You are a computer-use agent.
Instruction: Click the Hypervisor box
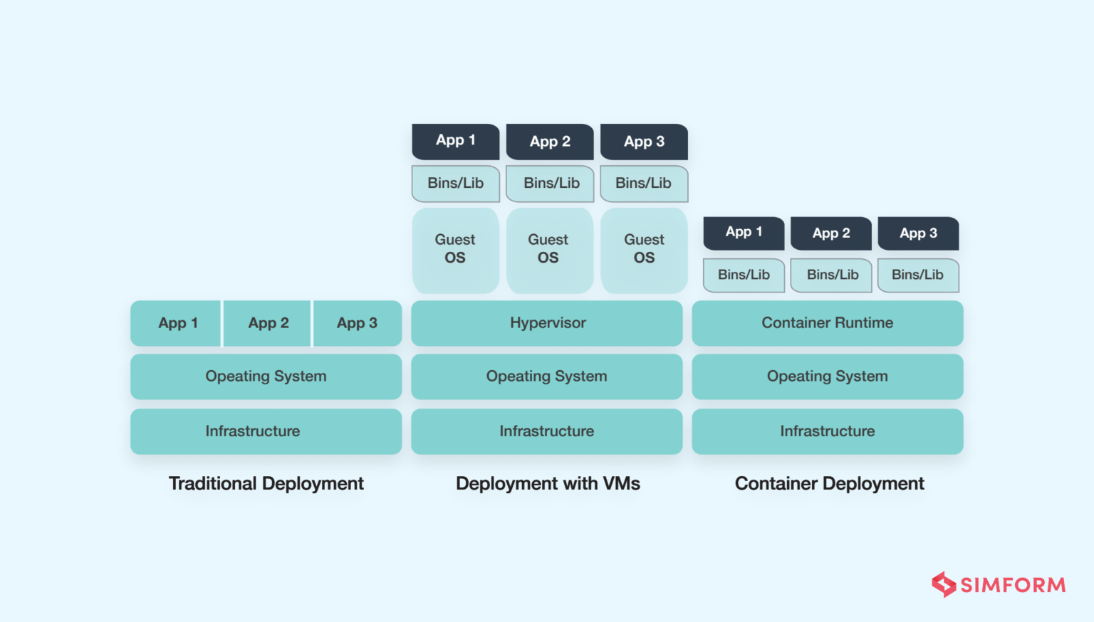click(x=547, y=323)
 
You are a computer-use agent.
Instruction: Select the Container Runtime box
click(x=827, y=323)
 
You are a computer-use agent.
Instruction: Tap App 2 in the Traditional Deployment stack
click(x=268, y=323)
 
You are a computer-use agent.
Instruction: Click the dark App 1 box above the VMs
click(x=455, y=141)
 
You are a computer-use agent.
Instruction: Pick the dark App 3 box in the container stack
click(x=918, y=233)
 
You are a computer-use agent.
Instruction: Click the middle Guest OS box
click(x=548, y=250)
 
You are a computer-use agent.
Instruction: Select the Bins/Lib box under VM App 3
click(x=644, y=184)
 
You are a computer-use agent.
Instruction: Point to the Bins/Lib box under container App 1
click(x=744, y=275)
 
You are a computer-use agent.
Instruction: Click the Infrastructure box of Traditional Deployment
click(x=266, y=431)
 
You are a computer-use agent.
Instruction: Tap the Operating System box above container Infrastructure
click(x=827, y=376)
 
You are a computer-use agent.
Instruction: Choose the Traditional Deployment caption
click(x=266, y=484)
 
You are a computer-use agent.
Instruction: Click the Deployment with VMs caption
click(x=548, y=484)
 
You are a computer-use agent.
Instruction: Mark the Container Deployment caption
click(x=829, y=484)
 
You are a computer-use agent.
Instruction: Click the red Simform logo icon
click(x=944, y=584)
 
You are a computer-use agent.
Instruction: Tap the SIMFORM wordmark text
click(x=1013, y=585)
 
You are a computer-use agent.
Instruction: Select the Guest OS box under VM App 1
click(x=455, y=250)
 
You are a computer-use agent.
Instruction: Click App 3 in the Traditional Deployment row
click(x=357, y=323)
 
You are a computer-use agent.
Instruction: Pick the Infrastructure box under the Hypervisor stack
click(x=547, y=431)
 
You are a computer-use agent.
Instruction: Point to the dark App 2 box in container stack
click(x=831, y=233)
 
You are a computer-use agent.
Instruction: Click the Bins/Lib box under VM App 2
click(x=551, y=184)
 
